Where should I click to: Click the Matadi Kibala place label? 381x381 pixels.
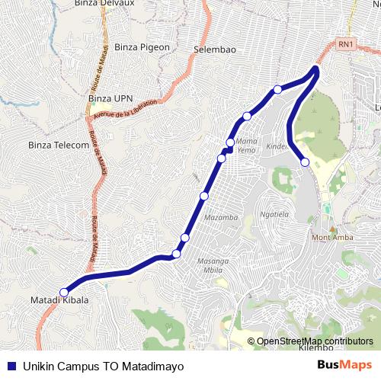(x=59, y=300)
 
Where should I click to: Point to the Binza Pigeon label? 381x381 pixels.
(x=142, y=47)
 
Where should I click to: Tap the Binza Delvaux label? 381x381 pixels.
(x=104, y=4)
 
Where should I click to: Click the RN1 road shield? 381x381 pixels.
(x=346, y=44)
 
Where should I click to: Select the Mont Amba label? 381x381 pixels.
(x=331, y=237)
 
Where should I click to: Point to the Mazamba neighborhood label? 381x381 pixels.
(x=222, y=217)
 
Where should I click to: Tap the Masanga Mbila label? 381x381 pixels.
(x=213, y=266)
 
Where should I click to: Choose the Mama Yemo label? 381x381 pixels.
(x=246, y=146)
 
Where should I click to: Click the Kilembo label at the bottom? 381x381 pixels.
(x=315, y=347)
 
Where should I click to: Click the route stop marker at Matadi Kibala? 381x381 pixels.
(x=64, y=292)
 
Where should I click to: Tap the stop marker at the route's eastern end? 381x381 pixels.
(x=305, y=162)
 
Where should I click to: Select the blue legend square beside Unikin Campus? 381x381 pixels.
(x=10, y=366)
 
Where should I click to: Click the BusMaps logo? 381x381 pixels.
(x=345, y=365)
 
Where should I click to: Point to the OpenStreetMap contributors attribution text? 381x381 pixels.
(x=314, y=341)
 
